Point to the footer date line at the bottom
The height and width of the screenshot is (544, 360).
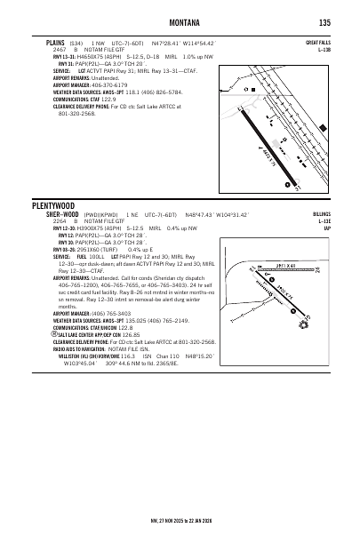(x=180, y=533)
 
